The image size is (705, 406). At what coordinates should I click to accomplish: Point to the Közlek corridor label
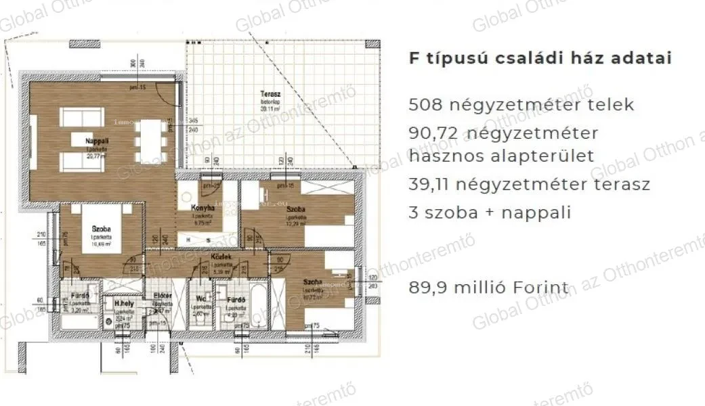[222, 258]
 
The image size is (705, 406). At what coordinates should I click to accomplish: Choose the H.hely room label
[122, 304]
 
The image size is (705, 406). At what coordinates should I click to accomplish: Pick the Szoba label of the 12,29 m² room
[296, 210]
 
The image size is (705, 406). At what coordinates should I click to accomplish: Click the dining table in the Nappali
[150, 137]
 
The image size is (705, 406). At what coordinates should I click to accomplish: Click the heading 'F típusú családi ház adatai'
[540, 58]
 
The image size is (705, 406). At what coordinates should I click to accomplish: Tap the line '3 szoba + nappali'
[490, 212]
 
